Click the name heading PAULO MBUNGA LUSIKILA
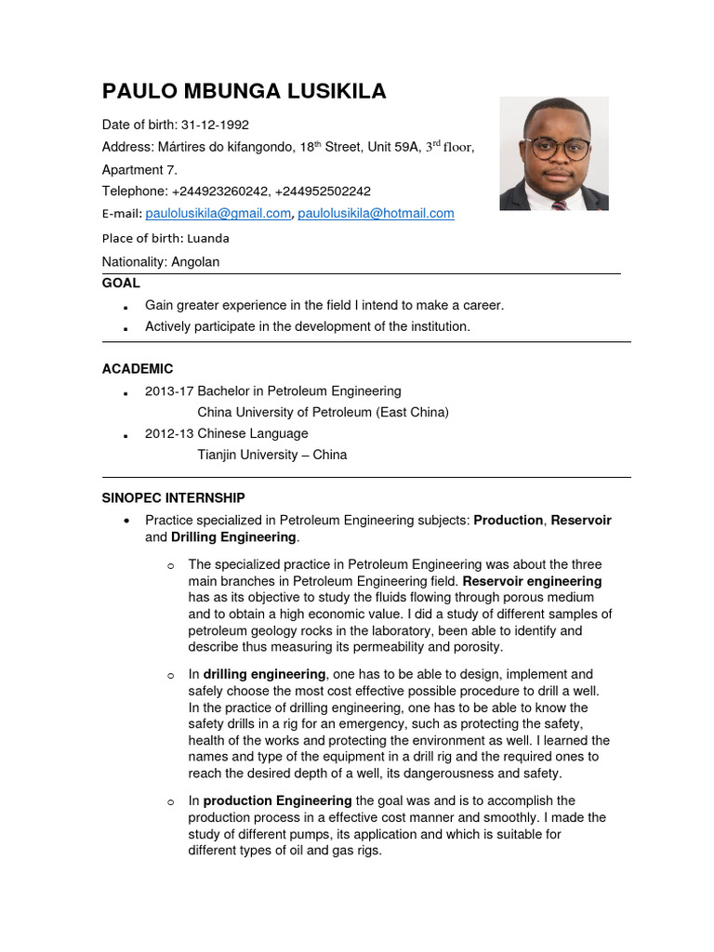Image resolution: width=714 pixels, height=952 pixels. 244,91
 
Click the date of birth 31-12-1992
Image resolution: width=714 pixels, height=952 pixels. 215,125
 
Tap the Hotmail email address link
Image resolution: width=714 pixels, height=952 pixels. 376,213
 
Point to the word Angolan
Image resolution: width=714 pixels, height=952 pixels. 195,262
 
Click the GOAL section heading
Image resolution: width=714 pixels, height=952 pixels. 121,283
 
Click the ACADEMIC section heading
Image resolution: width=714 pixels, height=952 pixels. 138,369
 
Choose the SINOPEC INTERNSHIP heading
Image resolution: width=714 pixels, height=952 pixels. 173,498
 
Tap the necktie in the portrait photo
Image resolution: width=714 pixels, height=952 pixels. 559,205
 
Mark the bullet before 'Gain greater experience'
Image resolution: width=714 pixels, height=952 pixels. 125,306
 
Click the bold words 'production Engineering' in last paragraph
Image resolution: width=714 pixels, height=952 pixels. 277,800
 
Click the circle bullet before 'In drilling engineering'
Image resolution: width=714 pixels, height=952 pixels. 170,675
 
